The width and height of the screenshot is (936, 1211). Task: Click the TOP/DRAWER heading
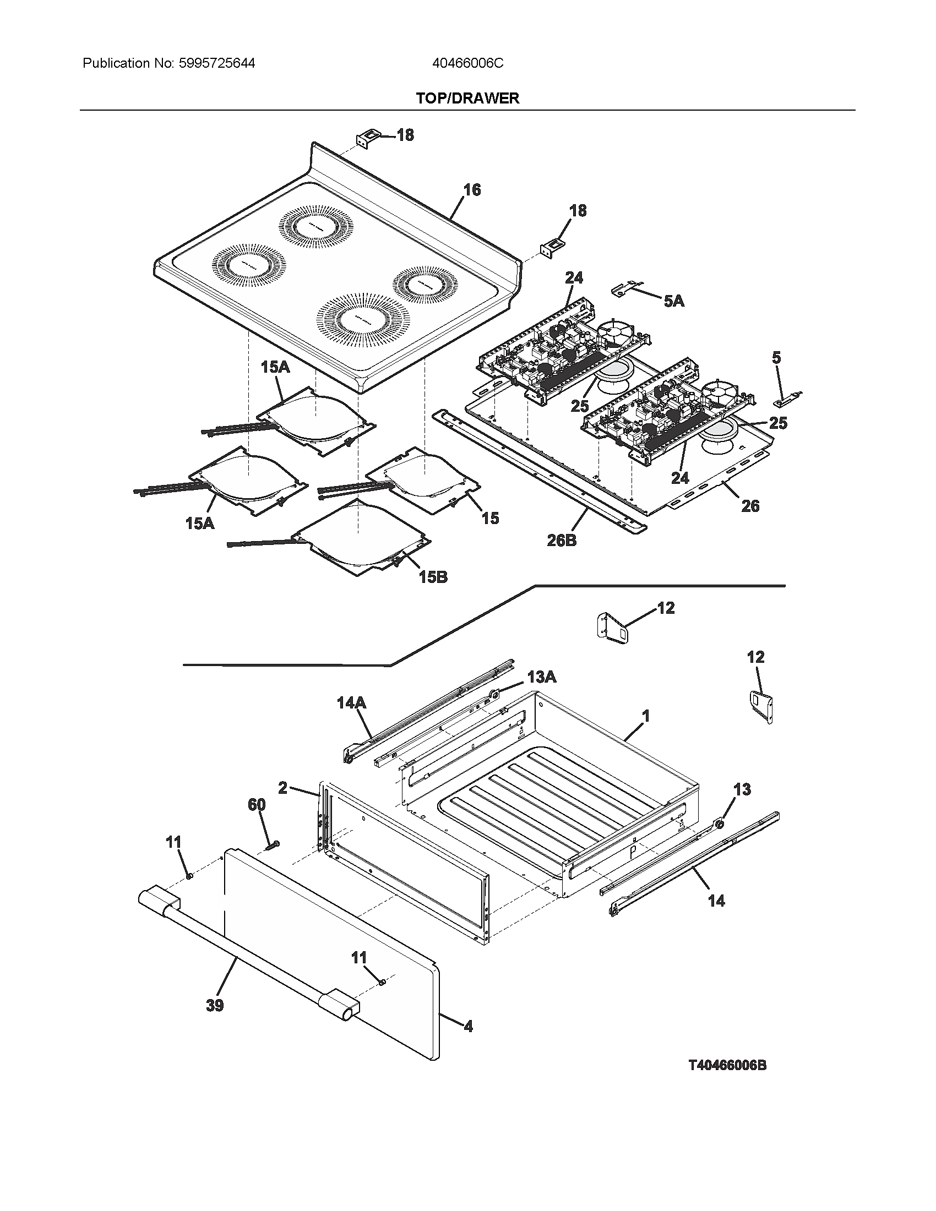click(x=467, y=98)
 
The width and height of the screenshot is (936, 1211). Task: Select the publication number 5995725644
click(x=217, y=63)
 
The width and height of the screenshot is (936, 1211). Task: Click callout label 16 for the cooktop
click(x=472, y=190)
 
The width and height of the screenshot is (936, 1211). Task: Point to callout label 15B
click(x=433, y=577)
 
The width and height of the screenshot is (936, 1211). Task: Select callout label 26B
click(x=562, y=540)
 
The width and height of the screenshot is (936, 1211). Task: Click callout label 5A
click(x=674, y=301)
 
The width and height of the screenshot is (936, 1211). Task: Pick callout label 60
click(x=256, y=805)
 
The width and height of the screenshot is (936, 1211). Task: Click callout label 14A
click(x=352, y=703)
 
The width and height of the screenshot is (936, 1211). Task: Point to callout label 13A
click(x=542, y=677)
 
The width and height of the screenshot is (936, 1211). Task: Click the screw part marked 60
click(x=274, y=845)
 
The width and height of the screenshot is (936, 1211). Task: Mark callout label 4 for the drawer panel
click(x=468, y=1027)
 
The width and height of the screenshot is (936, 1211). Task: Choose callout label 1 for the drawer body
click(x=645, y=716)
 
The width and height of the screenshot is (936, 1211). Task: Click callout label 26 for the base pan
click(x=750, y=506)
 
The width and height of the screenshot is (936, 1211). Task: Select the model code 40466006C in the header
click(x=467, y=63)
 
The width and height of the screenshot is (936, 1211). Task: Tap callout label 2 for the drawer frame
click(x=283, y=787)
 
